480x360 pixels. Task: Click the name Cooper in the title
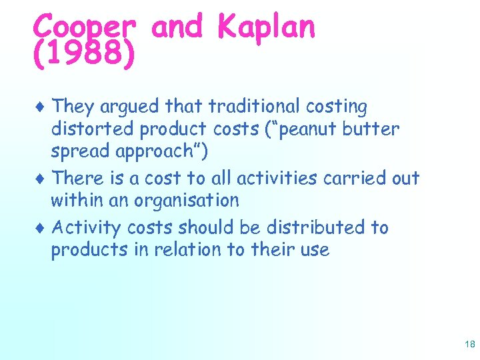click(84, 28)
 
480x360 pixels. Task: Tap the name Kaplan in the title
click(266, 28)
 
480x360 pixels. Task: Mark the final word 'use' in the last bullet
click(314, 251)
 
